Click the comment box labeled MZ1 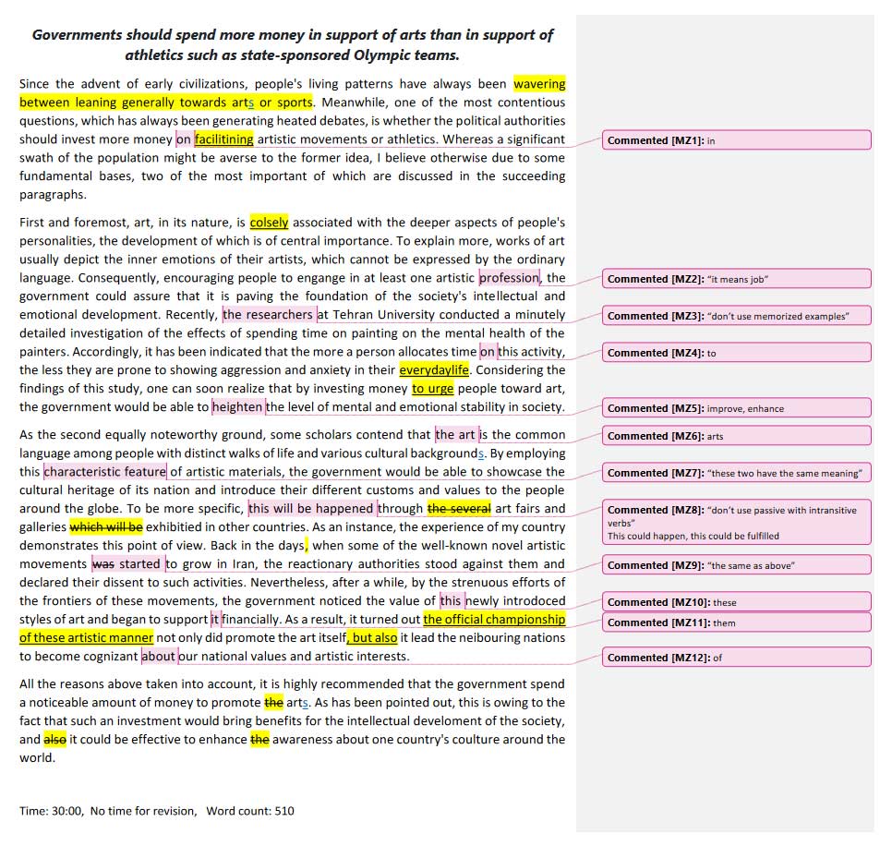coord(736,140)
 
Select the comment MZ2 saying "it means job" coord(736,279)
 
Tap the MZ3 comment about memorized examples coord(736,316)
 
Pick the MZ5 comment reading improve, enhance coord(736,408)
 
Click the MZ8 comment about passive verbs coord(736,522)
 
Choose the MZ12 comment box coord(736,658)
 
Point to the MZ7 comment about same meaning coord(736,473)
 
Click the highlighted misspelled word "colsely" coord(269,223)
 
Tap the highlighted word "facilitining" coord(223,139)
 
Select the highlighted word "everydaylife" coord(434,370)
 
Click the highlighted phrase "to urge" coord(432,389)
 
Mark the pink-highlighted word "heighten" coord(238,407)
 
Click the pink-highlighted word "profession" coord(509,278)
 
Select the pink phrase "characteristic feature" coord(105,472)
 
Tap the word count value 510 coord(284,811)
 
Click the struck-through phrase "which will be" coord(106,527)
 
